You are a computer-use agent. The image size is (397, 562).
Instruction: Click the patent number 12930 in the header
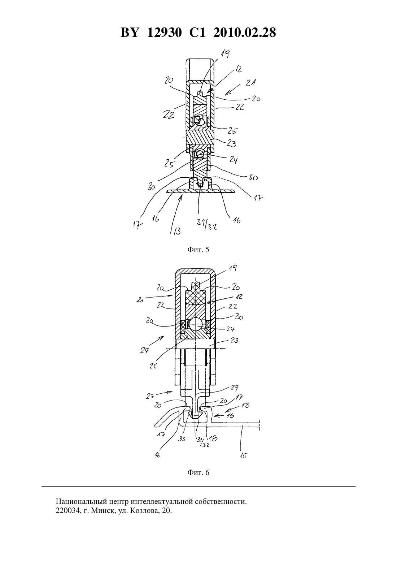(x=164, y=33)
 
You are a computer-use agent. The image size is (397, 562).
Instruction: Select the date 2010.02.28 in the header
(x=244, y=33)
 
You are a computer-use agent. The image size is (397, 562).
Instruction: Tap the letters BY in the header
(x=130, y=33)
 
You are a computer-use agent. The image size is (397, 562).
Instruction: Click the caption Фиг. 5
(x=198, y=250)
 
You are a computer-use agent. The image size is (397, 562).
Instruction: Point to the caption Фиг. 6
(x=198, y=472)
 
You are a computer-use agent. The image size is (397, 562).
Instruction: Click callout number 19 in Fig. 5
(x=225, y=53)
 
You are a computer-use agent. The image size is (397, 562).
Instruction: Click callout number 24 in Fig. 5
(x=233, y=160)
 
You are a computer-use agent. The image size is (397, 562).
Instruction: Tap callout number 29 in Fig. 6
(x=234, y=388)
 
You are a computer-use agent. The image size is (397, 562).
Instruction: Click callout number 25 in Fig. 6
(x=153, y=366)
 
